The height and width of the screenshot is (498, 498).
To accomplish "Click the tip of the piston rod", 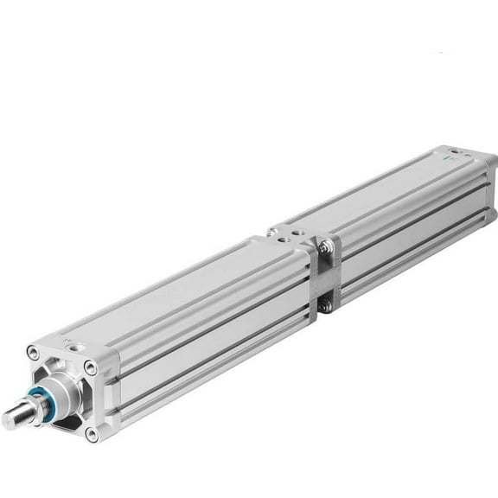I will coord(10,419).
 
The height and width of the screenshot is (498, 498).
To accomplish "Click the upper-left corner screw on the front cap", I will coord(33,352).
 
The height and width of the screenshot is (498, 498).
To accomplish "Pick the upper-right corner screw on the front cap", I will coord(90,368).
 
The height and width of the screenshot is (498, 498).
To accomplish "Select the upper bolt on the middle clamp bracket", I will coord(324,248).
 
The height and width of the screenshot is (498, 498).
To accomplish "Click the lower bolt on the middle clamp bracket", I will coord(323,305).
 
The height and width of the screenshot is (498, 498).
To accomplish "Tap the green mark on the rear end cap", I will coord(448,161).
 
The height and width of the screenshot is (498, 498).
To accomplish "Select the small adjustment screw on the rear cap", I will coord(468,156).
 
